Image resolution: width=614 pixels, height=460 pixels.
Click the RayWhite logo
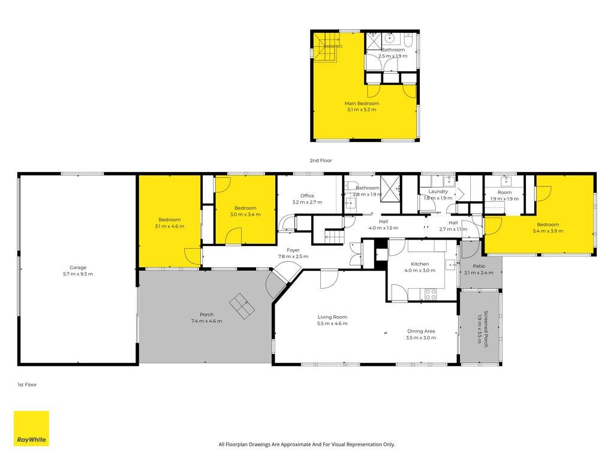[x=31, y=428]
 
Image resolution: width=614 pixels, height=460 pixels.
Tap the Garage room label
[x=78, y=268]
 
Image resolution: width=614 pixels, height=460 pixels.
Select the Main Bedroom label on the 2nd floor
[x=362, y=103]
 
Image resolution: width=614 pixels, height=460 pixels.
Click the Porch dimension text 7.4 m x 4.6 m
[x=206, y=321]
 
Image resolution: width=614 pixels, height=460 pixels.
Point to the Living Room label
[x=332, y=317]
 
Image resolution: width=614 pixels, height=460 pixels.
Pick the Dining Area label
[x=421, y=331]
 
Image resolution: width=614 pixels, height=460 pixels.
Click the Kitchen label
[x=420, y=264]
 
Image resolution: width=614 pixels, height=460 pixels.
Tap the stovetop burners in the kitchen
[x=431, y=294]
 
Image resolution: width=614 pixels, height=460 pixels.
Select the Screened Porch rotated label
[x=486, y=329]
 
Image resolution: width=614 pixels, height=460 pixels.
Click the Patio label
[x=479, y=266]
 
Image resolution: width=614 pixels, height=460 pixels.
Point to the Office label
[x=308, y=196]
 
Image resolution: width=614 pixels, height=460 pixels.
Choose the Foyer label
[x=293, y=250]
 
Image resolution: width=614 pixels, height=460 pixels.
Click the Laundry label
[x=438, y=192]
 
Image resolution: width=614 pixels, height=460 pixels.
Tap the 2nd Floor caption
[x=321, y=161]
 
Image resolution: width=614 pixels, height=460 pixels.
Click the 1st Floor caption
[x=27, y=385]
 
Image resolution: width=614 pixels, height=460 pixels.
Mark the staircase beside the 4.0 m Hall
[x=334, y=236]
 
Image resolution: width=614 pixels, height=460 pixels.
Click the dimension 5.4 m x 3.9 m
[x=548, y=231]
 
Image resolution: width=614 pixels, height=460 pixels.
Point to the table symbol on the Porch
[x=242, y=306]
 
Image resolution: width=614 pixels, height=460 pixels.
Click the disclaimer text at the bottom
[x=306, y=444]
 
